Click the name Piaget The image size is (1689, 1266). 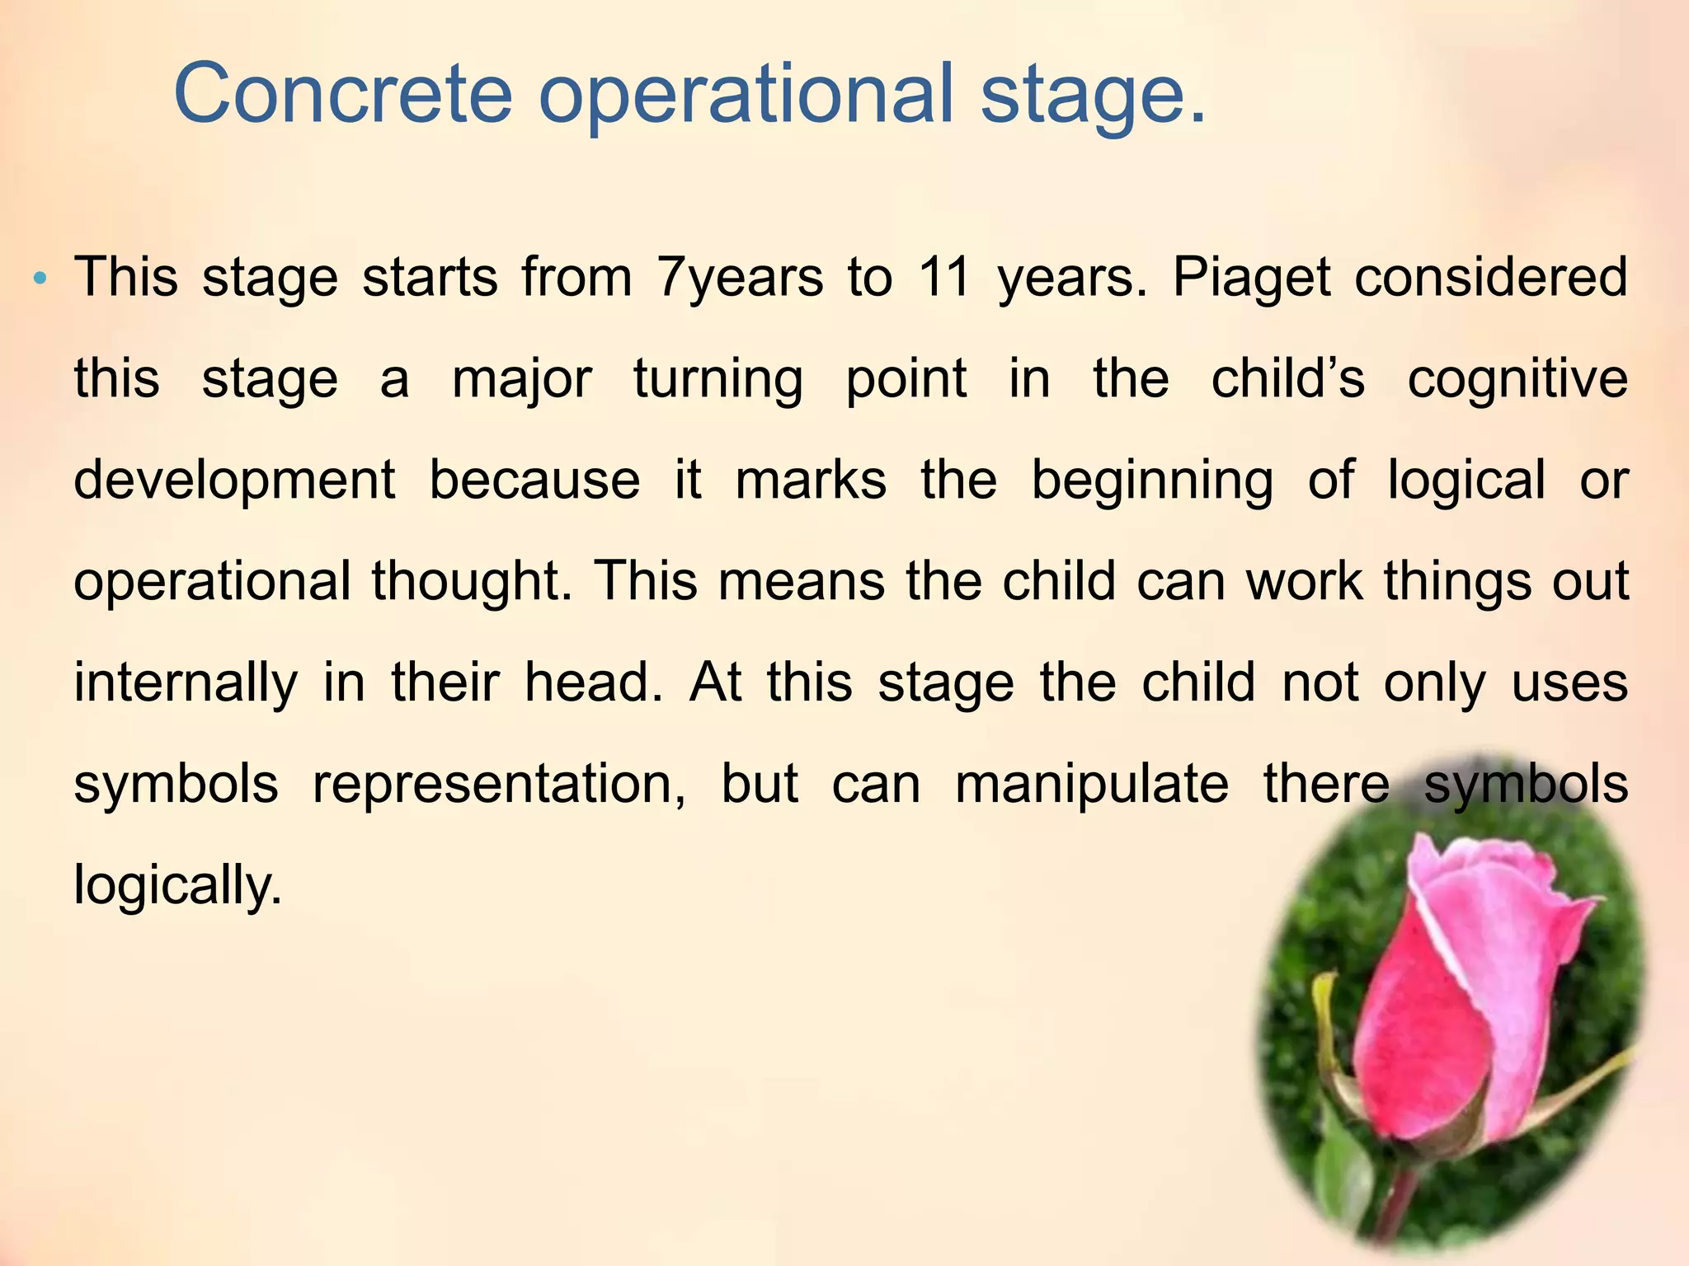pos(1251,279)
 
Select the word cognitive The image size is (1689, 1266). pos(1517,381)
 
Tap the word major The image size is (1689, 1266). pos(522,381)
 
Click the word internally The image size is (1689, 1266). pos(186,684)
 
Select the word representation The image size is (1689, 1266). pos(499,785)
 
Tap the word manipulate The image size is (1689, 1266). pos(1091,785)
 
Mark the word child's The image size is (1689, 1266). pos(1287,379)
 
